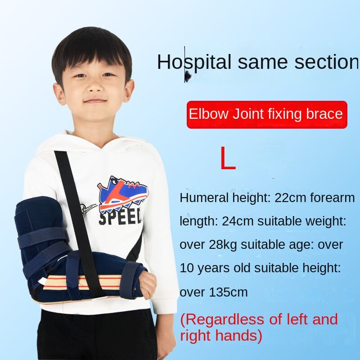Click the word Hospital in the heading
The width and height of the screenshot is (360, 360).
194,62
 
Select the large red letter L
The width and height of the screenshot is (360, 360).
228,158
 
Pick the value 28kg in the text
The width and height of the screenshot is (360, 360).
224,245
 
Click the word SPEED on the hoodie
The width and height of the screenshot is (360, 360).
120,218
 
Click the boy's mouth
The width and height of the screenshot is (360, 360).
95,101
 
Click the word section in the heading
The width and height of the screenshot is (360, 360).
326,62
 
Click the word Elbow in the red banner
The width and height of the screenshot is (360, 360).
209,114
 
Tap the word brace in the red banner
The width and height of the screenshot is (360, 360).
325,114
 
